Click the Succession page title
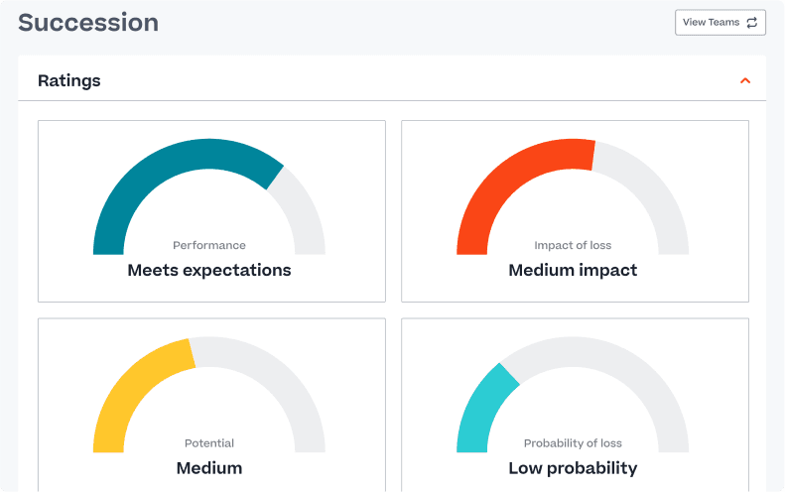pyautogui.click(x=88, y=23)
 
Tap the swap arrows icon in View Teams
pyautogui.click(x=751, y=23)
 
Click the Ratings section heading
pyautogui.click(x=69, y=80)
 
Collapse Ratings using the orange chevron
pyautogui.click(x=745, y=80)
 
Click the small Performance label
pyautogui.click(x=209, y=245)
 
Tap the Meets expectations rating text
pyautogui.click(x=209, y=270)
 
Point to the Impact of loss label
pyautogui.click(x=573, y=245)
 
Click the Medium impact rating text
pyautogui.click(x=573, y=270)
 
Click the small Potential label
pyautogui.click(x=209, y=443)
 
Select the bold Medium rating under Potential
pyautogui.click(x=209, y=468)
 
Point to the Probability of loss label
pyautogui.click(x=573, y=443)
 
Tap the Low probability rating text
pyautogui.click(x=573, y=468)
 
